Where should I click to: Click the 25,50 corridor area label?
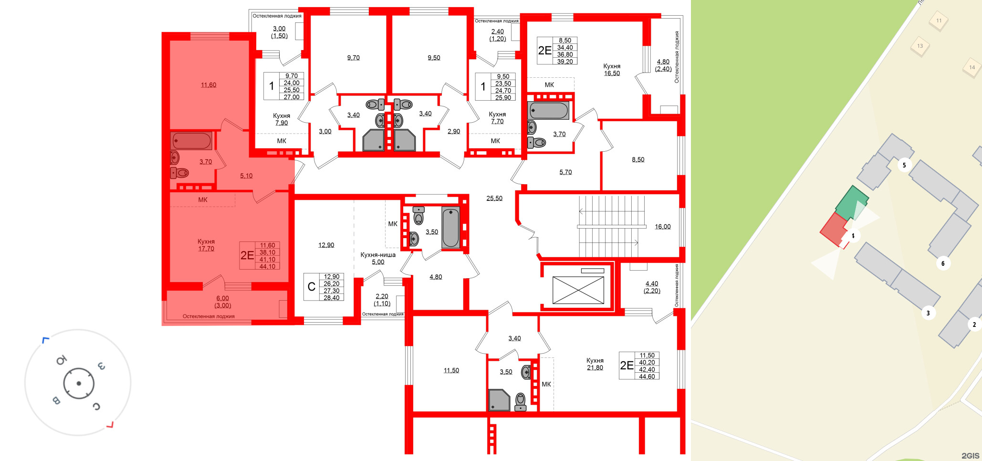(494, 199)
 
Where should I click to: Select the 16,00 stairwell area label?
(662, 227)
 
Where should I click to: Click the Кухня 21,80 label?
(595, 364)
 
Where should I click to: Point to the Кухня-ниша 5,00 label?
(378, 258)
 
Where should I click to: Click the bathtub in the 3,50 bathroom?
(450, 228)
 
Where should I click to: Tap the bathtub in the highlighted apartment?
(192, 141)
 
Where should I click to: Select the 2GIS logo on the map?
(970, 455)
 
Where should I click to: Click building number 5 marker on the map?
(904, 166)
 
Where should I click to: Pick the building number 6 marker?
(942, 263)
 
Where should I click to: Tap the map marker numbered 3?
(928, 314)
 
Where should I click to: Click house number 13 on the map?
(919, 46)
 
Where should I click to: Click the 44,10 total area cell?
(267, 266)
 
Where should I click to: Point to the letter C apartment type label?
(311, 287)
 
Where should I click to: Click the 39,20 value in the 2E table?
(564, 62)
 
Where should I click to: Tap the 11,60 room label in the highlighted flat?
(209, 85)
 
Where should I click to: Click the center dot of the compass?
(79, 383)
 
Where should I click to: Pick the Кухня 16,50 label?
(612, 70)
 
